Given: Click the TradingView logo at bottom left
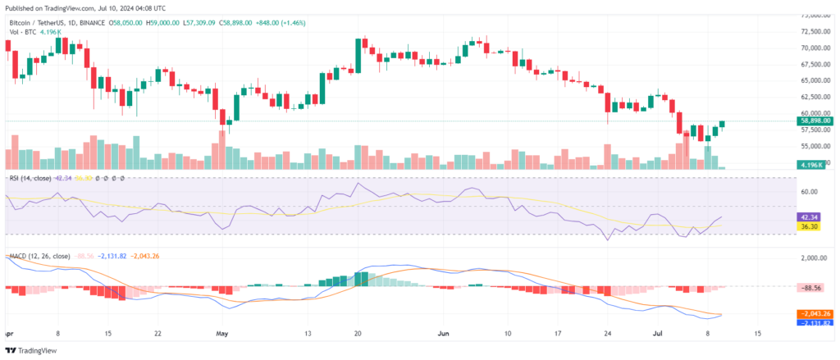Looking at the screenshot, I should (32, 351).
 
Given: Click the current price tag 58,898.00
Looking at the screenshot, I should (815, 121).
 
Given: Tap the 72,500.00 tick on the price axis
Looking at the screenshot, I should (816, 31).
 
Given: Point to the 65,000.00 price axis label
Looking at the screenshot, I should (816, 80).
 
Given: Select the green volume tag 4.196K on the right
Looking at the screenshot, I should (814, 165).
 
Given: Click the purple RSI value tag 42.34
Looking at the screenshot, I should (809, 217).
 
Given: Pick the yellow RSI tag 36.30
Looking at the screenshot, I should (809, 226).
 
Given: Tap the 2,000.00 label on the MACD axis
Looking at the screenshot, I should (813, 257).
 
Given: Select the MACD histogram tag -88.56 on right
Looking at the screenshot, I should (811, 288).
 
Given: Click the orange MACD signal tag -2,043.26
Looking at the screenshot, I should (815, 314).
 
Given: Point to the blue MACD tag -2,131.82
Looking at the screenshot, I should (815, 323).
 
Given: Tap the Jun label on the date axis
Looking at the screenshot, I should (444, 335).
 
